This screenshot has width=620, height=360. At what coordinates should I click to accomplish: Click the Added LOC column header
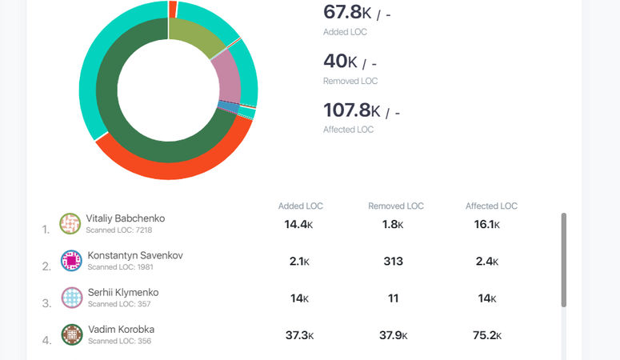[301, 206]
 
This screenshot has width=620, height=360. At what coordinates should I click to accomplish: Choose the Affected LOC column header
[491, 206]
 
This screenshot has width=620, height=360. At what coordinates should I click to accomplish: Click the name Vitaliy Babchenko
[126, 218]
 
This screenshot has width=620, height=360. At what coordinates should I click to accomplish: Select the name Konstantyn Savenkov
[135, 256]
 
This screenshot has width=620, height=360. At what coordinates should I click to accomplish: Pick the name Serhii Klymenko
[123, 293]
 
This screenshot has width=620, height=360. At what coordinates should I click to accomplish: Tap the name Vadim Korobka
[121, 330]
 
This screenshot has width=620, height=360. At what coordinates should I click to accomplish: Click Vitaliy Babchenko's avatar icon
[70, 223]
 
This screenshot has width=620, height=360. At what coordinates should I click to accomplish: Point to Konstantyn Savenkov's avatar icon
[71, 261]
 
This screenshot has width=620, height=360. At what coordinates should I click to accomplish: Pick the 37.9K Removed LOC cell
[392, 335]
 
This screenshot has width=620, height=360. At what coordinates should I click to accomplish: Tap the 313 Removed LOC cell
[392, 262]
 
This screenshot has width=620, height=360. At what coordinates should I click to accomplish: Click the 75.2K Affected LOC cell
[486, 335]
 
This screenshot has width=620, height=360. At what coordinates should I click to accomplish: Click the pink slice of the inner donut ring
[226, 77]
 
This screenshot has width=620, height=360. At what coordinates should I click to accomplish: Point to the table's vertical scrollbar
[564, 260]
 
